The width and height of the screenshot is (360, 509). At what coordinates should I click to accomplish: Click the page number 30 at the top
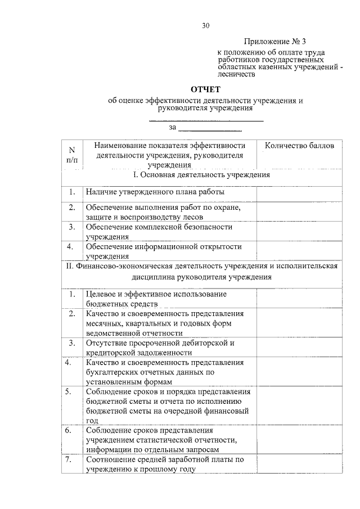[x=205, y=25]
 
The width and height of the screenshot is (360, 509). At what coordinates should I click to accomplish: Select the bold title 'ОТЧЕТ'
[x=206, y=90]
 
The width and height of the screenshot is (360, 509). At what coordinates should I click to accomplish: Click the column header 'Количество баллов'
[x=299, y=146]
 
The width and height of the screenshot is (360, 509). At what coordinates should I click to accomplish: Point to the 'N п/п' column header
[x=71, y=155]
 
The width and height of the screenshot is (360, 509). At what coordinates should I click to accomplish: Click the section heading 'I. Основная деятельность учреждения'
[x=200, y=175]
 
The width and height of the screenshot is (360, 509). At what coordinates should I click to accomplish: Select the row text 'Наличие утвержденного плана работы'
[x=155, y=192]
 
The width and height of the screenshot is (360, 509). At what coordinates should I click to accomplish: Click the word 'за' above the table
[x=172, y=127]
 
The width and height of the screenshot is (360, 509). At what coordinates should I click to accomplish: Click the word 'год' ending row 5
[x=92, y=420]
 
